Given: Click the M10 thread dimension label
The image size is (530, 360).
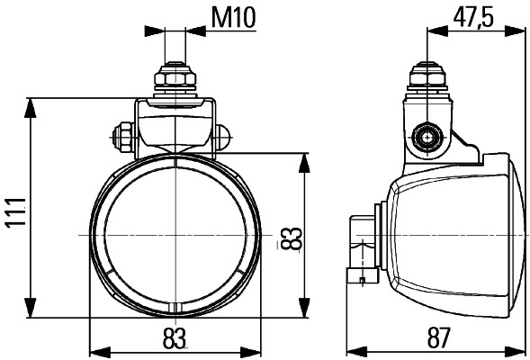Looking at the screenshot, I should tap(232, 18).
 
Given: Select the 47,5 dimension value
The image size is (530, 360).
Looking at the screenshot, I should tap(472, 18).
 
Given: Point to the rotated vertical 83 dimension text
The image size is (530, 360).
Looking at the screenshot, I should tap(290, 238).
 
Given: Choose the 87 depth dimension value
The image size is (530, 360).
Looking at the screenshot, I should tap(438, 337).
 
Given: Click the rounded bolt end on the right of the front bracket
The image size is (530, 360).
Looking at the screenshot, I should tap(222, 138).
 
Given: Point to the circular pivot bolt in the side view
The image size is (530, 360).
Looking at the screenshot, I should tap(426, 138).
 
